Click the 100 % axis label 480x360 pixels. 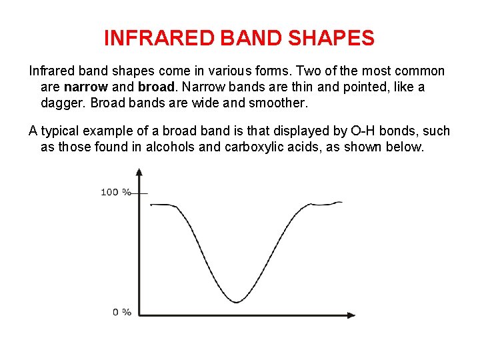point(116,192)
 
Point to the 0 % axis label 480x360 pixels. point(121,312)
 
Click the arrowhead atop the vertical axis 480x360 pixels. point(139,172)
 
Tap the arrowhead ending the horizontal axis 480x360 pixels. point(351,315)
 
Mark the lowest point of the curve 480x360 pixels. point(237,302)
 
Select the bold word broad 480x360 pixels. point(155,87)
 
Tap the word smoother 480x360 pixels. point(279,103)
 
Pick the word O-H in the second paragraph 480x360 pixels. point(363,131)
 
